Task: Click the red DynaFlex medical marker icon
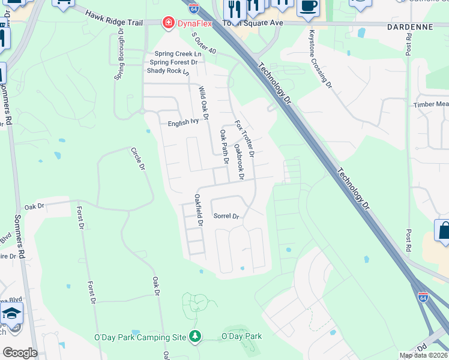(x=169, y=23)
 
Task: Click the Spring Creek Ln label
(x=177, y=53)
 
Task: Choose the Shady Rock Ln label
(x=168, y=71)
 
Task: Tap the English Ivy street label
(x=182, y=121)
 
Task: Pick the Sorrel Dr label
(x=226, y=217)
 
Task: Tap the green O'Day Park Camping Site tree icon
(x=194, y=336)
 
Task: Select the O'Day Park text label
(x=242, y=336)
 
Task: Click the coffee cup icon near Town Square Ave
(x=308, y=6)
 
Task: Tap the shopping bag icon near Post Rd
(x=444, y=232)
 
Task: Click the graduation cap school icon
(x=11, y=314)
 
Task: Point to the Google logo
(x=20, y=352)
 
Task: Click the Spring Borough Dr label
(x=119, y=54)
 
